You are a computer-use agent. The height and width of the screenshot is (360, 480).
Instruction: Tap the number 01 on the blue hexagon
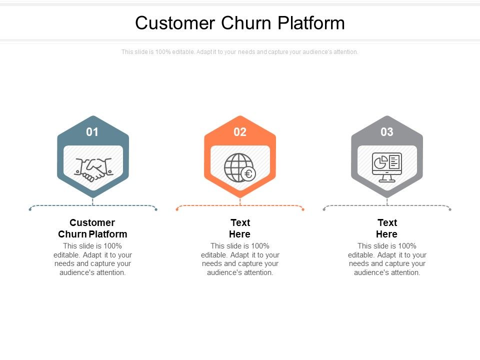coord(92,132)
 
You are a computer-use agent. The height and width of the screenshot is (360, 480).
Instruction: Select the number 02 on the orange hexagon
coord(240,132)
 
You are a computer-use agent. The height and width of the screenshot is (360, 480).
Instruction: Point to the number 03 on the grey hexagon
coord(387,132)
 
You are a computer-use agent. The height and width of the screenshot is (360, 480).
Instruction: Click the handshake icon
coord(93,168)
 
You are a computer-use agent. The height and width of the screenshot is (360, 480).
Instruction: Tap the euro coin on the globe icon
coord(248,174)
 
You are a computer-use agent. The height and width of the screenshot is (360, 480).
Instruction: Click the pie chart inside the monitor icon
coord(380,162)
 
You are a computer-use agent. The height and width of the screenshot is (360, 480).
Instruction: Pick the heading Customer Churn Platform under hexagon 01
coord(92,228)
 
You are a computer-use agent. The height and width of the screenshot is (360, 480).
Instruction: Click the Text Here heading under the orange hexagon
coord(240,228)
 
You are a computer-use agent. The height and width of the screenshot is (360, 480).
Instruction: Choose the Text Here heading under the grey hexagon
coord(387,228)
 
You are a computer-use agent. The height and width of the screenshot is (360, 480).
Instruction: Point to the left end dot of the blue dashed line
coord(30,209)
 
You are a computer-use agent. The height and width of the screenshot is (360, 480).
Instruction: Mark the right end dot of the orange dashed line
coord(303,209)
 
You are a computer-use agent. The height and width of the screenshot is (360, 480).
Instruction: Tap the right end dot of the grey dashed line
coord(450,209)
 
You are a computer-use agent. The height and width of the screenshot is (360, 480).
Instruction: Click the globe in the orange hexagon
coord(237,167)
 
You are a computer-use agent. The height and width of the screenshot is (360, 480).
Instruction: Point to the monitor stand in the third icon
coord(387,178)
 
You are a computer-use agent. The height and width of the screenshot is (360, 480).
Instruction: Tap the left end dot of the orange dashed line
coord(177,209)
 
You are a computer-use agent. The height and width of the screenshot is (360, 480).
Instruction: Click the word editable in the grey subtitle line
coord(183,52)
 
